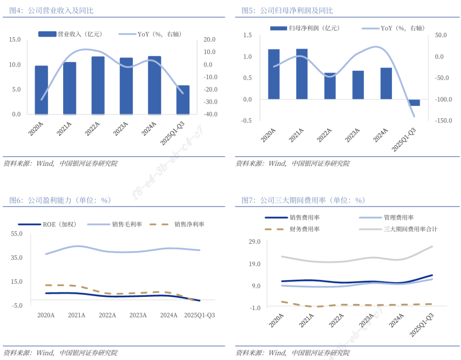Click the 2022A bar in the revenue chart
click(x=98, y=85)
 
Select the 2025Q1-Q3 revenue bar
click(x=183, y=100)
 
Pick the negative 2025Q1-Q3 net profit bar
click(x=414, y=102)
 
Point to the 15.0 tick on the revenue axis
click(x=15, y=40)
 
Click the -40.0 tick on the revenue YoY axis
click(x=209, y=114)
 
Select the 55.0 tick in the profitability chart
click(x=17, y=234)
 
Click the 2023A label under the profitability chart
click(x=138, y=315)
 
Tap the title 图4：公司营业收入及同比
click(x=51, y=11)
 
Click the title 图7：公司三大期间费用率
click(x=303, y=200)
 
